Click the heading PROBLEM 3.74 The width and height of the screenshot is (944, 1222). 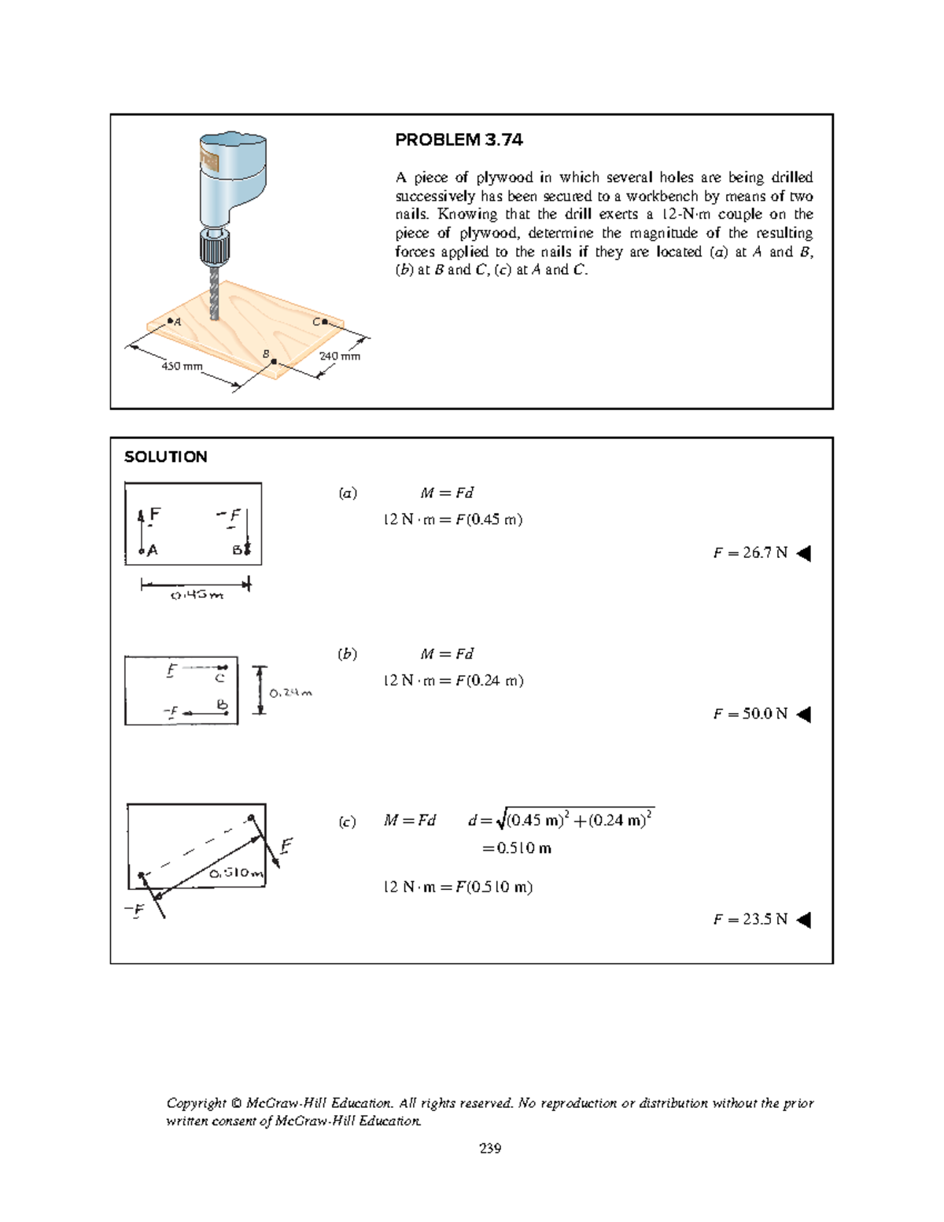pos(459,140)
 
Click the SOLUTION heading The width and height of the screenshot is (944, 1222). pos(166,457)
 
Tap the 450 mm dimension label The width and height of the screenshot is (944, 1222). pos(182,366)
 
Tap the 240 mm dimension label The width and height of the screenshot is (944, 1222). pos(340,356)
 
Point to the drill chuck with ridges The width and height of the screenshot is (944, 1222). pos(214,249)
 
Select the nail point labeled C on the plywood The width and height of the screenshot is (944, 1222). pos(324,322)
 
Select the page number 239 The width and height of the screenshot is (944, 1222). pos(490,1148)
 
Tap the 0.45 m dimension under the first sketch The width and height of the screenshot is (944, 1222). pos(197,596)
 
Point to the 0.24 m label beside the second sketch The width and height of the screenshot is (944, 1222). pos(290,693)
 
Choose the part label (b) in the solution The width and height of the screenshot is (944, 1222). pos(348,654)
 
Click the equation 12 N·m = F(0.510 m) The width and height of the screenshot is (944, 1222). pos(458,887)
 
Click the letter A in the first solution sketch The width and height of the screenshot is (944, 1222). pos(153,551)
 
